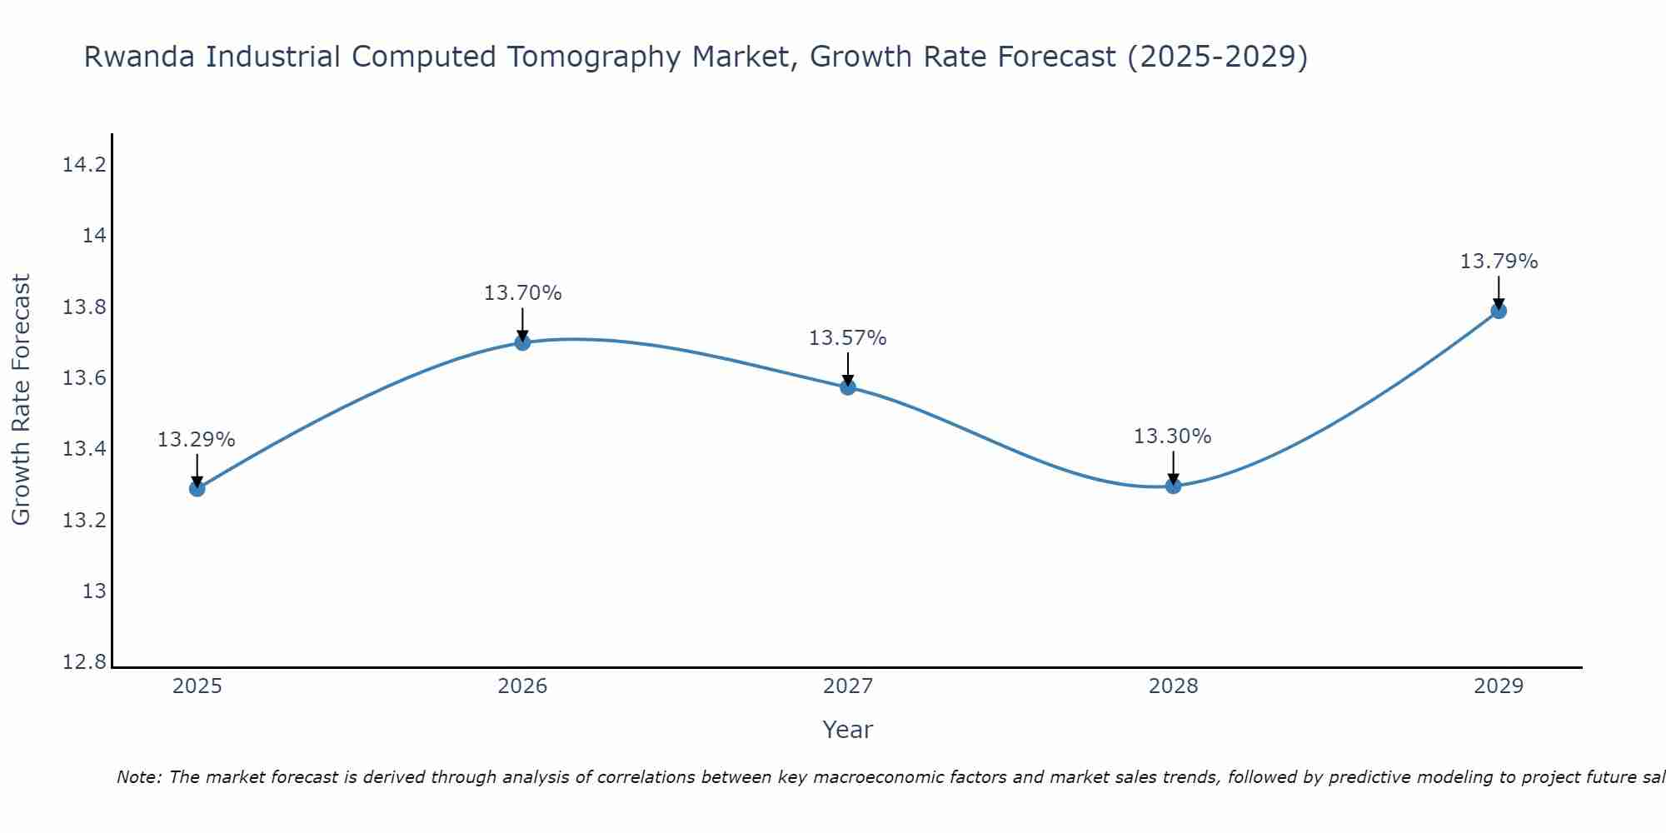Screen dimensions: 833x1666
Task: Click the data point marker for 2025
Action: coord(197,488)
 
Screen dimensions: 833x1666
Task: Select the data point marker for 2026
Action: coord(522,342)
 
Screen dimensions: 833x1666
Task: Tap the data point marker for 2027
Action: coord(848,387)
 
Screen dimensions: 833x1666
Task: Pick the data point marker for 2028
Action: coord(1173,485)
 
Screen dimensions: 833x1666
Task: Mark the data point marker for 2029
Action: coord(1499,311)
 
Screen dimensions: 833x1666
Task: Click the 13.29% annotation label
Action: coord(197,440)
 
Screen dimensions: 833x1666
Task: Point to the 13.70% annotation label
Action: coord(522,293)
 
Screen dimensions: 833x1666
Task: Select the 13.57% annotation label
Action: coord(847,338)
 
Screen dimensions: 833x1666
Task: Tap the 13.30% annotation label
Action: coord(1172,436)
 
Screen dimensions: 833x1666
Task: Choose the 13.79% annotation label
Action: coord(1499,262)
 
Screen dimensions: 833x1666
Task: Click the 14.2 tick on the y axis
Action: coord(85,165)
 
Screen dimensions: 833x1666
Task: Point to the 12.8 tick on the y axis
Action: coord(85,662)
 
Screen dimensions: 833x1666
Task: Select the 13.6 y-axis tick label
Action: coord(85,378)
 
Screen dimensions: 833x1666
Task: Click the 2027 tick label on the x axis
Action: coord(848,686)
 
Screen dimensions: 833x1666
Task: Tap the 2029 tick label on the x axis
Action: coord(1499,686)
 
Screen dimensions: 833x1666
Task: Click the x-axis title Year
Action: coord(847,730)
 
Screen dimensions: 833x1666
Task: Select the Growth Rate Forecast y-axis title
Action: coord(21,399)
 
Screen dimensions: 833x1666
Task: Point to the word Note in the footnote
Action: coord(138,777)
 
